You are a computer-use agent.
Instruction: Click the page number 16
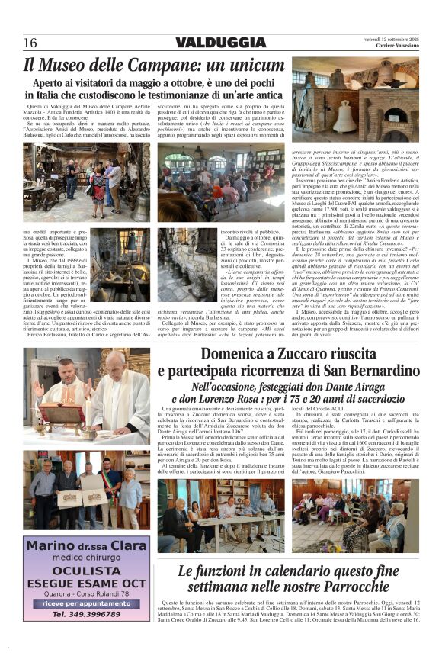tap(30, 43)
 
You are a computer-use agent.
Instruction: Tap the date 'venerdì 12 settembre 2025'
tap(391, 38)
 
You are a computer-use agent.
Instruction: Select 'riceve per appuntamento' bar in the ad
tap(86, 603)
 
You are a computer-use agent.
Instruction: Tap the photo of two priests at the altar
tap(86, 397)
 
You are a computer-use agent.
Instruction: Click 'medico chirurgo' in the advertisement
tap(86, 557)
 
